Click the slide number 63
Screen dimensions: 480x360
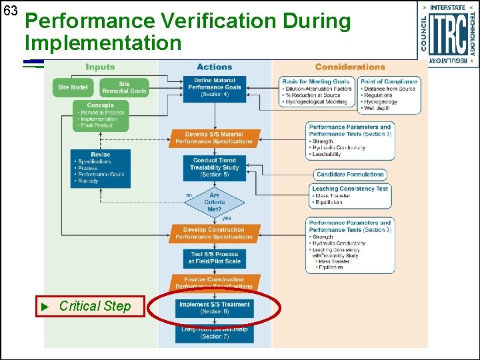9,11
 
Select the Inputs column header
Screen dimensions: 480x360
101,67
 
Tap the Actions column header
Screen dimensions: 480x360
214,67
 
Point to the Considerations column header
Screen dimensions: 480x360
350,67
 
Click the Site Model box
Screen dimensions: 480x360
73,88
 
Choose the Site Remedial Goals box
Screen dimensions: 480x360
125,88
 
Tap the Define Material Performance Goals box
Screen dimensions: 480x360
215,87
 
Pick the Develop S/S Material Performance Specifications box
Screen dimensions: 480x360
215,138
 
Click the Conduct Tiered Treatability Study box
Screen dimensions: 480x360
215,167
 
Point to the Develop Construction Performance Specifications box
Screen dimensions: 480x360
215,233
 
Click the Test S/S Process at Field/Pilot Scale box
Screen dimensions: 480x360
215,258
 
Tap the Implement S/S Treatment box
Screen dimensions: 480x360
215,307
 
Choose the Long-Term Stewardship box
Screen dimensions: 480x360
215,333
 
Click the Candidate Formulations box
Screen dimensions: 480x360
350,175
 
